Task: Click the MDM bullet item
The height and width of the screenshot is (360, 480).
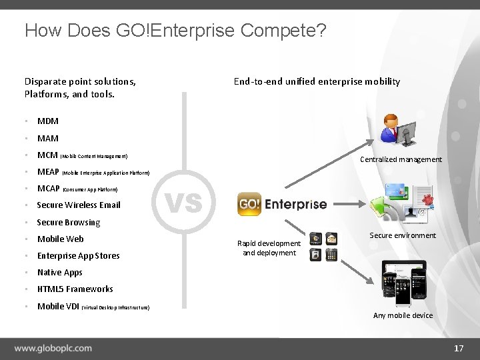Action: click(48, 121)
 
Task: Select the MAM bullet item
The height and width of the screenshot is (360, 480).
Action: click(48, 139)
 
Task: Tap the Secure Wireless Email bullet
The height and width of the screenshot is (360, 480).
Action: click(79, 205)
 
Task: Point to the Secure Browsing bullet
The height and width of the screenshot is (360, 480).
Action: click(69, 223)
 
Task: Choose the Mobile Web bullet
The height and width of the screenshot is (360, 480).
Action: click(61, 239)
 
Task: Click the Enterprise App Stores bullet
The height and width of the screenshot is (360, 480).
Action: click(79, 256)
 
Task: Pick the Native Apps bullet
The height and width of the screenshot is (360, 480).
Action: click(60, 273)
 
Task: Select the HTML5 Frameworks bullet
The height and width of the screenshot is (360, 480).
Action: click(75, 289)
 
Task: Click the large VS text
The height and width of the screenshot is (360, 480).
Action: click(183, 201)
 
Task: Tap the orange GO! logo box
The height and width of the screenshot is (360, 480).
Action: click(249, 205)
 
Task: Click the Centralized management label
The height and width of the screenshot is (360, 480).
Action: click(401, 159)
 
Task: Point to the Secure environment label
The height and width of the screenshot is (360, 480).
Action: click(403, 235)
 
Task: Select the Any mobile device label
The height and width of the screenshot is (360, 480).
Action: click(403, 315)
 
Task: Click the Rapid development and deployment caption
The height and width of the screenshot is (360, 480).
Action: click(269, 248)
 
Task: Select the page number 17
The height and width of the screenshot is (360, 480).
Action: click(458, 349)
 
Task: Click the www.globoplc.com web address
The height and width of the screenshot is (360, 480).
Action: click(53, 348)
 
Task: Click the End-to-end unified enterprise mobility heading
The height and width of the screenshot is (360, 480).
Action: click(317, 81)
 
